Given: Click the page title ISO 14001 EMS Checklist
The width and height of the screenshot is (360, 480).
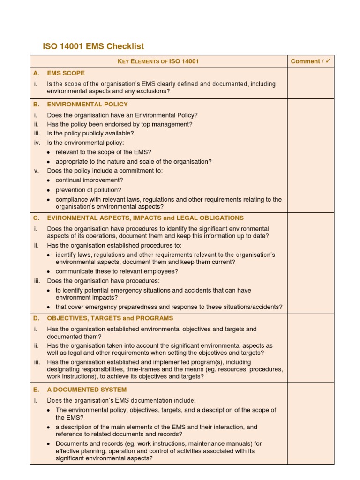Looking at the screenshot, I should (93, 46).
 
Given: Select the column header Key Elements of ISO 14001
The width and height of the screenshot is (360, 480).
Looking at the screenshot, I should (158, 61).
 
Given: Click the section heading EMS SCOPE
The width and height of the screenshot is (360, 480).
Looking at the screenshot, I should (66, 73).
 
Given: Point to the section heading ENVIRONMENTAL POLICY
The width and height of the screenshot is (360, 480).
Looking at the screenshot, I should (87, 105).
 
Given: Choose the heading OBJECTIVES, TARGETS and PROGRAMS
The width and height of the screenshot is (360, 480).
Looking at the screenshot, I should (110, 318).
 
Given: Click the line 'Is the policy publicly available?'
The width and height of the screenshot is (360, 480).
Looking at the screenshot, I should (90, 134).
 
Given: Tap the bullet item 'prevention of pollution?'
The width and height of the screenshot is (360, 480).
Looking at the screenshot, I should (88, 190).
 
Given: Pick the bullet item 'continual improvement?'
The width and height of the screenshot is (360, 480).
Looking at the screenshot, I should (89, 180).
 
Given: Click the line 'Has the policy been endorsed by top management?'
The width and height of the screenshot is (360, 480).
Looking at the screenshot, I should (113, 124).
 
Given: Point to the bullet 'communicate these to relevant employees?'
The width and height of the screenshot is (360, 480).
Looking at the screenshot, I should (117, 271).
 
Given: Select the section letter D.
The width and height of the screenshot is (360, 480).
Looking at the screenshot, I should (36, 318).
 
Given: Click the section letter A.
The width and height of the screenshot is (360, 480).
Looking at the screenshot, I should (36, 73).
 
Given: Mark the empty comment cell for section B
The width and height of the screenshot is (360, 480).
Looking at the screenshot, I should (310, 155).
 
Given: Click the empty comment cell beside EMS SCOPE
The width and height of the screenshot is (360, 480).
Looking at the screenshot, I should (310, 83).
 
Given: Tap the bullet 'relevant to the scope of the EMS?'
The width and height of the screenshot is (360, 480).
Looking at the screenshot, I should (103, 152).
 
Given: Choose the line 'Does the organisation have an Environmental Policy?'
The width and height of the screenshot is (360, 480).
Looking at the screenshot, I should (122, 115).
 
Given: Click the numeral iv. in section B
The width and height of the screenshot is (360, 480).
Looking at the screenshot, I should (37, 143).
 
